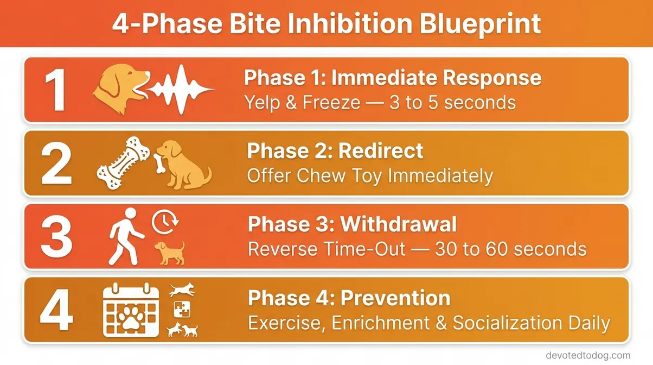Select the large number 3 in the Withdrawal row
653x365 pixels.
pyautogui.click(x=56, y=237)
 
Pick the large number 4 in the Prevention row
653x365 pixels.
pyautogui.click(x=57, y=311)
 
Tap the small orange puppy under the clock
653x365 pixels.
pyautogui.click(x=169, y=252)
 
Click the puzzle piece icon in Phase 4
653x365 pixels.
pyautogui.click(x=181, y=310)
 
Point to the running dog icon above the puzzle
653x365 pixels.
pyautogui.click(x=182, y=290)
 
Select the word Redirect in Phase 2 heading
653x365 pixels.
pyautogui.click(x=381, y=150)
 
